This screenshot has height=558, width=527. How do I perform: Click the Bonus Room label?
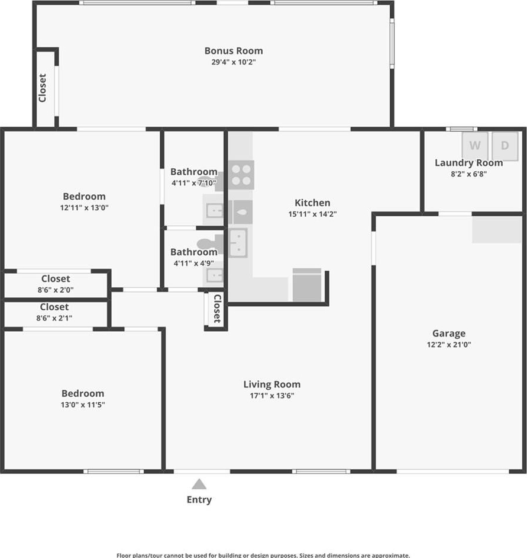(x=234, y=51)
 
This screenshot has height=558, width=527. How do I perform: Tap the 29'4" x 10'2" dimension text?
(x=234, y=62)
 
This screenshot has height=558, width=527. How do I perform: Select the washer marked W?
(x=475, y=146)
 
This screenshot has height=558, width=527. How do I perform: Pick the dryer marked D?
(x=505, y=146)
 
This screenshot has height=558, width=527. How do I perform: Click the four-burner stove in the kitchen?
(x=241, y=175)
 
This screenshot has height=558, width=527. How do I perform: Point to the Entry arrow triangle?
(x=199, y=484)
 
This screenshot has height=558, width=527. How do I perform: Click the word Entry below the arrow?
(x=199, y=499)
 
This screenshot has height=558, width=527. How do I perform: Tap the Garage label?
(x=449, y=333)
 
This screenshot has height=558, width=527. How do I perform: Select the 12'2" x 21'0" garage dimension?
(x=449, y=345)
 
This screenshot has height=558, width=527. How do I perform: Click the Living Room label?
(x=272, y=384)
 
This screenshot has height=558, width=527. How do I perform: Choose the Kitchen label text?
(x=312, y=203)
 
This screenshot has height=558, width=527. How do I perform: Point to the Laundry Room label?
(x=468, y=163)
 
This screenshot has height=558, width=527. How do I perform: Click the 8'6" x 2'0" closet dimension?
(x=56, y=290)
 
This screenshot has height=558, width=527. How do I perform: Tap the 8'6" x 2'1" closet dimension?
(x=54, y=318)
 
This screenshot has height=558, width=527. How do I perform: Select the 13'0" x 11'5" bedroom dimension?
(x=82, y=405)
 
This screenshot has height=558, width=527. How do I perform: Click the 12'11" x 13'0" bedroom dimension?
(x=84, y=207)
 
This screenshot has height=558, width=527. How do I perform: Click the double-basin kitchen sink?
(x=238, y=243)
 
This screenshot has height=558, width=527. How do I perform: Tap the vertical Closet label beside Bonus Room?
(x=42, y=88)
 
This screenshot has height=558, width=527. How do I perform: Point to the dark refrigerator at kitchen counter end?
(x=307, y=285)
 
